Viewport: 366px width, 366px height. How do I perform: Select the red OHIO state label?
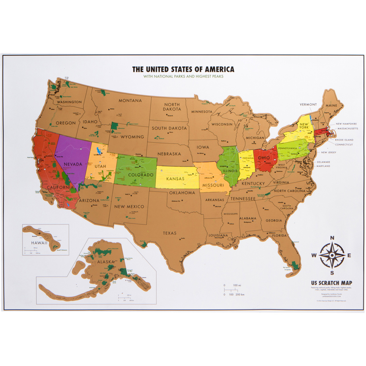tap(263, 158)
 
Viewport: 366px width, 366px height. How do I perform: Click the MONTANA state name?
tap(130, 101)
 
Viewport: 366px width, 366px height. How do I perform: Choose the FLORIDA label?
tap(280, 235)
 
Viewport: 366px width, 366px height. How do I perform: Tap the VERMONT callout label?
tap(308, 105)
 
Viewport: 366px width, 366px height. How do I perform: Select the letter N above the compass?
tap(333, 239)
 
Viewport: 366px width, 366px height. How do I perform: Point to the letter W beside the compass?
tap(314, 255)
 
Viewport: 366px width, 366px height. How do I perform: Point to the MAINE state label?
tap(331, 105)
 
